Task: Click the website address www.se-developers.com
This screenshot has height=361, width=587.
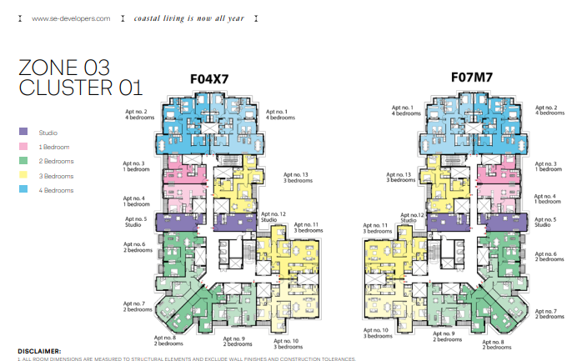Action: click(x=71, y=18)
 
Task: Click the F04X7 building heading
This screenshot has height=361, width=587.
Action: click(x=209, y=79)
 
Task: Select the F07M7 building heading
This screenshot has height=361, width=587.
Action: click(x=472, y=78)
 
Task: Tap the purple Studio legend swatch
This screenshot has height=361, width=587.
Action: click(x=23, y=132)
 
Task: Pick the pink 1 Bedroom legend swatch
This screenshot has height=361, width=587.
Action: click(x=23, y=146)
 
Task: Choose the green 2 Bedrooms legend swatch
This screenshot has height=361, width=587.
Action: click(x=23, y=160)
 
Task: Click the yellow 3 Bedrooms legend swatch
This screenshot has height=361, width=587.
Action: click(x=23, y=175)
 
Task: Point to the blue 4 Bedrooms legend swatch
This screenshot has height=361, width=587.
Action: click(x=23, y=189)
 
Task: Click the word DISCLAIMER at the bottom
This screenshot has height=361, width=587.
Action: click(x=39, y=351)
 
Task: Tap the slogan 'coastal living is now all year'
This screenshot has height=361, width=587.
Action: click(x=189, y=18)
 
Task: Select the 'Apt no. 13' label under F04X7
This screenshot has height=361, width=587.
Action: click(x=296, y=174)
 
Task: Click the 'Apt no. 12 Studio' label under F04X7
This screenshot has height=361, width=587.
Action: click(x=273, y=217)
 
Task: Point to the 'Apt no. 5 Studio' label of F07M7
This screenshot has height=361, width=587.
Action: click(x=545, y=222)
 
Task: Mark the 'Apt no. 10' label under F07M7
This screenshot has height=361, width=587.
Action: click(x=376, y=330)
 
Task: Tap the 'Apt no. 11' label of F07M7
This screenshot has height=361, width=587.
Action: click(x=375, y=225)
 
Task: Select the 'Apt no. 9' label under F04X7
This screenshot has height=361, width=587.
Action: click(x=234, y=338)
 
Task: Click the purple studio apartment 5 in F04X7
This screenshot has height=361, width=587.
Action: click(x=180, y=222)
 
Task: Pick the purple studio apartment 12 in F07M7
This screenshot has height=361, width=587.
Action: click(x=448, y=222)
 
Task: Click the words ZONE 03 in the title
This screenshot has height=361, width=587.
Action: click(x=64, y=68)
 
